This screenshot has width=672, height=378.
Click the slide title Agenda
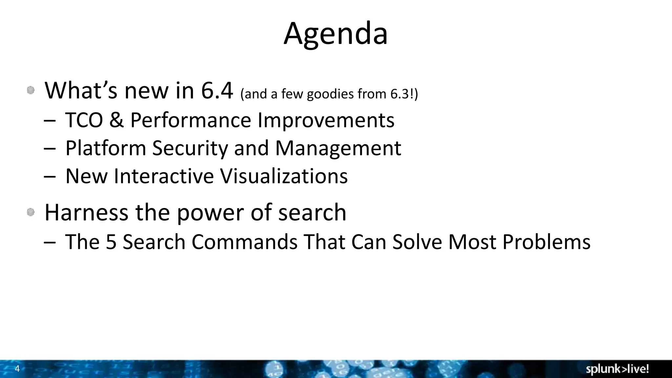click(x=336, y=34)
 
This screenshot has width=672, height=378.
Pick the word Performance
click(x=191, y=120)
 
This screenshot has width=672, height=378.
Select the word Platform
click(x=106, y=148)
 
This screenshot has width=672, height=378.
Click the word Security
click(x=190, y=148)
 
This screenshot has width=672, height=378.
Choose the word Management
click(x=338, y=148)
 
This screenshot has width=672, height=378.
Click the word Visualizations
click(x=283, y=176)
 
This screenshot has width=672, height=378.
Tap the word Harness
click(x=86, y=212)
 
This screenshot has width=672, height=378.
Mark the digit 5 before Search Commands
click(x=111, y=242)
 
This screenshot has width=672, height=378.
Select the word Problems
click(x=546, y=242)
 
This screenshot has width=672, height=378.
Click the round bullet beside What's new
click(x=31, y=90)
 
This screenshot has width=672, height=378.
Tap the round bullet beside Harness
click(x=31, y=213)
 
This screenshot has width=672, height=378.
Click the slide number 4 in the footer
click(x=17, y=369)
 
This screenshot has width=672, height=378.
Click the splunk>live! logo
click(x=617, y=369)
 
